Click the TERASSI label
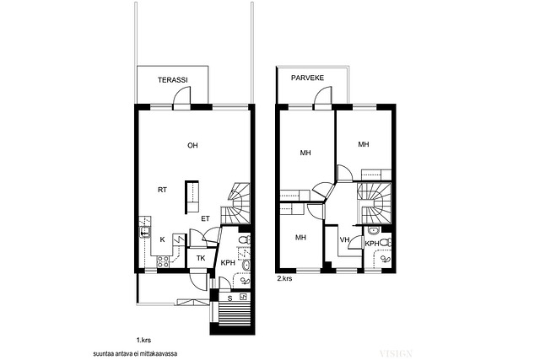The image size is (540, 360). coord(172,80)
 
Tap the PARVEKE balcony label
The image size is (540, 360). coord(307,78)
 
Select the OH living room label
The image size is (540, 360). coord(192,146)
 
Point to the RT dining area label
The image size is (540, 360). coord(162,190)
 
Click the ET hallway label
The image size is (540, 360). coord(205,218)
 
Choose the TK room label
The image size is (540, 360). coord(201,258)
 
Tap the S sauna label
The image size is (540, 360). coord(230,298)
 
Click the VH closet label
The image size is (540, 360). coord(344,240)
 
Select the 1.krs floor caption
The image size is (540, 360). coord(143,341)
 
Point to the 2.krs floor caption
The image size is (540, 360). coord(284,278)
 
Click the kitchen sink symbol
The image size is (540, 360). coord(144,233)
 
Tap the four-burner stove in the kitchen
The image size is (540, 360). coord(163,262)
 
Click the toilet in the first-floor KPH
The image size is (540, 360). coord(245,239)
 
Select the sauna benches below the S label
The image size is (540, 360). coord(235,313)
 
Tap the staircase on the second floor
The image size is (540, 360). coord(375,203)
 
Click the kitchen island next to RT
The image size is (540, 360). coord(192,197)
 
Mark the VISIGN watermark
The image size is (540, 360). coord(396,353)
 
